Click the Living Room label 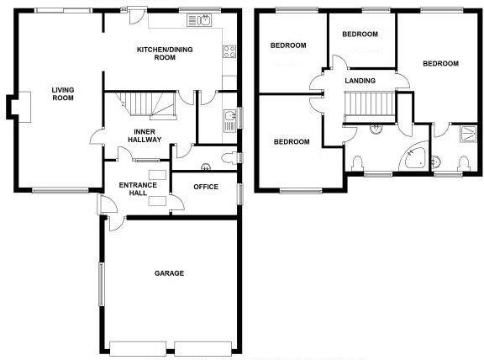point(62,93)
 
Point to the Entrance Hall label point(135,189)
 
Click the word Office point(206,187)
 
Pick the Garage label point(169,273)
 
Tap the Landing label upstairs point(360,81)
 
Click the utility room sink point(229,118)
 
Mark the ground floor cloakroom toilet point(229,157)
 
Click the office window point(239,193)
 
